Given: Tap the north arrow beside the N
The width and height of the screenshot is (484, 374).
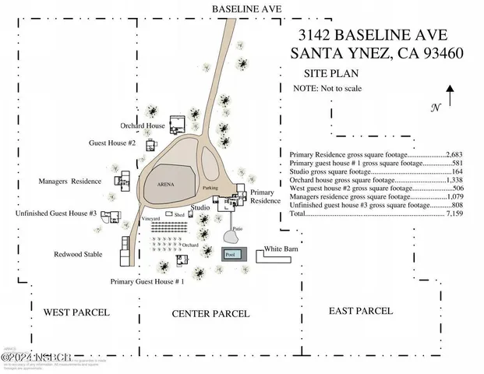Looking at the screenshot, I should click(x=451, y=99).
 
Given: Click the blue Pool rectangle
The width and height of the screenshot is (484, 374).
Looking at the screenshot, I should click(x=230, y=254).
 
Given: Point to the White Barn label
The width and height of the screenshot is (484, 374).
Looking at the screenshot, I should click(x=283, y=249).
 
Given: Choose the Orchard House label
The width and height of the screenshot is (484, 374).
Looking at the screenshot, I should click(x=142, y=125).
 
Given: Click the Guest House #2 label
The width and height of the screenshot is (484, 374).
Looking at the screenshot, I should click(x=112, y=144).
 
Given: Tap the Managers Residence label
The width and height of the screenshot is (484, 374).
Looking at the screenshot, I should click(x=70, y=182).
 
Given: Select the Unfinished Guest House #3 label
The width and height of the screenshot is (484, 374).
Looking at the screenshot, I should click(x=55, y=213).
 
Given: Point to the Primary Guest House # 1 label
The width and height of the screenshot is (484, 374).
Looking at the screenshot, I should click(x=147, y=281).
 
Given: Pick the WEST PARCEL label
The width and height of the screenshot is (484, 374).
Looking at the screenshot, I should click(x=76, y=312).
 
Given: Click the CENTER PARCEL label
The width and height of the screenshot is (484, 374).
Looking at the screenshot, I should click(x=210, y=314).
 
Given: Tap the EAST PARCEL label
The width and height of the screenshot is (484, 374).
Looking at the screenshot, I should click(x=361, y=312).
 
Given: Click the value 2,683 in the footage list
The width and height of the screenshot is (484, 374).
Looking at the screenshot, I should click(x=454, y=155).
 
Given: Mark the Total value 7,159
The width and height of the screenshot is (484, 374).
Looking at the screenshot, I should click(x=454, y=212).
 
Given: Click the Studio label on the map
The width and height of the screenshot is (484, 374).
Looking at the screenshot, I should click(x=200, y=208).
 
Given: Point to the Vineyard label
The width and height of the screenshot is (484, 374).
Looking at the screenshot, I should click(x=151, y=219).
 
